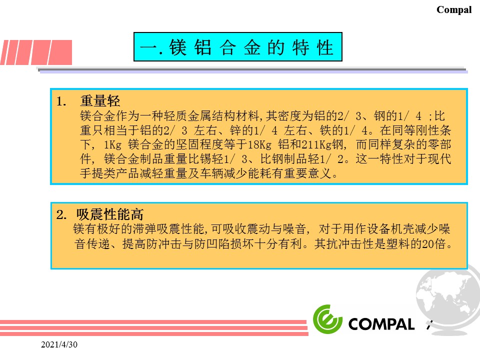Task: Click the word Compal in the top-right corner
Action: (x=454, y=10)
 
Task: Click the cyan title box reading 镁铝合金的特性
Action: (x=238, y=47)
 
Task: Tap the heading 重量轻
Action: (x=100, y=100)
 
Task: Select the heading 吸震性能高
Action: (x=109, y=214)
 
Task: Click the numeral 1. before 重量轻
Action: (x=61, y=101)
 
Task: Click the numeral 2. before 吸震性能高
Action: (x=61, y=214)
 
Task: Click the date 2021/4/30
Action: (x=59, y=344)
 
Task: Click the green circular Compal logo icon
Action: (x=327, y=319)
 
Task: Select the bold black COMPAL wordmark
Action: (x=381, y=324)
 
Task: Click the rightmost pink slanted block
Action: (x=60, y=52)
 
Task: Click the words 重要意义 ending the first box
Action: (x=308, y=173)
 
